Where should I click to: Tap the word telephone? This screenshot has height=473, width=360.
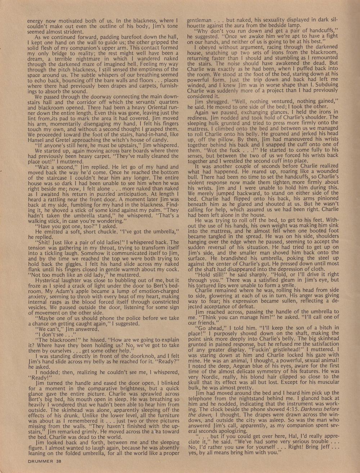pos(203,398)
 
